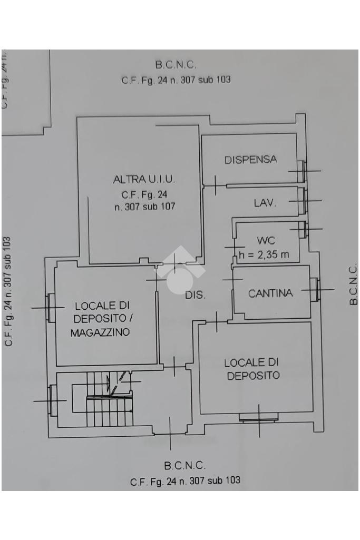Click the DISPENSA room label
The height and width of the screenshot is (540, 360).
click(x=250, y=160)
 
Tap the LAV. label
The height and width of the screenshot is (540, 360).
click(x=265, y=203)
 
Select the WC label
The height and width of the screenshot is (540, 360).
click(x=266, y=240)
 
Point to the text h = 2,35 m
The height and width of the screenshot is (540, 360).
click(x=264, y=255)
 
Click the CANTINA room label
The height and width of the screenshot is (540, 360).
click(x=270, y=293)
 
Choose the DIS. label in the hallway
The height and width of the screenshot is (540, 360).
click(x=196, y=295)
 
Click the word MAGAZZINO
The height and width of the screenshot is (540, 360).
click(x=100, y=332)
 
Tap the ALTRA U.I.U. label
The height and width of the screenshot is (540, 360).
click(x=144, y=180)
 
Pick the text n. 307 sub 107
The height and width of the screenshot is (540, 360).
click(x=145, y=207)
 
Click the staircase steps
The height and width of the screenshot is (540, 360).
click(x=110, y=399)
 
